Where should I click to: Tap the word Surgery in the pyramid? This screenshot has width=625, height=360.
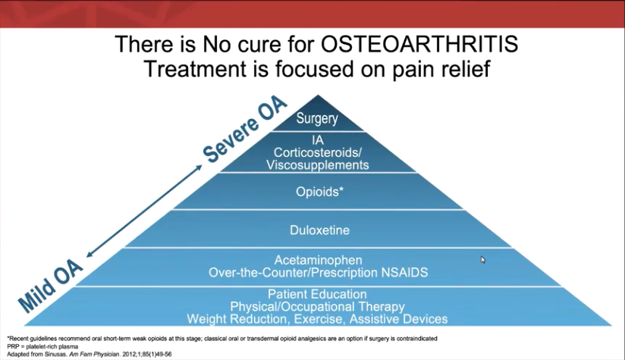point(317,118)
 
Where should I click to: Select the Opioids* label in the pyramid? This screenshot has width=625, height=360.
point(319,192)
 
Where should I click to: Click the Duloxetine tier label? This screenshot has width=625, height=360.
point(319,229)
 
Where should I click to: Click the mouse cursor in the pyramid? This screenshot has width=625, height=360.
point(483,260)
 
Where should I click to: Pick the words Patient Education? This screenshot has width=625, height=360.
point(317,294)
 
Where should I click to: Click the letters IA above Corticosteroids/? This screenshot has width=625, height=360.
point(318,140)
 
